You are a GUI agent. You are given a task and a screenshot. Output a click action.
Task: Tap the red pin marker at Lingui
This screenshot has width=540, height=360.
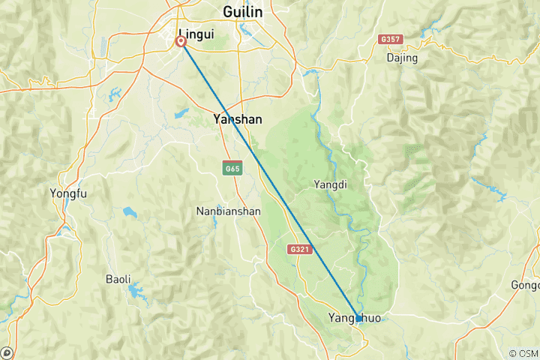pos(181,42)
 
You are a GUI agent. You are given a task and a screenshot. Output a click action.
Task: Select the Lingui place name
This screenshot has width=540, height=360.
pos(194,34)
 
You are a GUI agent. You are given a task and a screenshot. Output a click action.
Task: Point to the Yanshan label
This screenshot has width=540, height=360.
pos(237,118)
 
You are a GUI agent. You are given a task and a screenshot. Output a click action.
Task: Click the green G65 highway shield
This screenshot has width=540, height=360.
pos(231,168)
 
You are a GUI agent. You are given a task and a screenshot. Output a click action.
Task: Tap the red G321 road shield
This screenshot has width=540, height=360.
pos(300,248)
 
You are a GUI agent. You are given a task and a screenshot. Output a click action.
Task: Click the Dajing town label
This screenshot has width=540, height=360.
pos(402,58)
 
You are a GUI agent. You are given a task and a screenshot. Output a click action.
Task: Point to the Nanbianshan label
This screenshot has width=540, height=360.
pos(227,211)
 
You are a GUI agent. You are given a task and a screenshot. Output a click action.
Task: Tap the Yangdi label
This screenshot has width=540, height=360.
pos(331,184)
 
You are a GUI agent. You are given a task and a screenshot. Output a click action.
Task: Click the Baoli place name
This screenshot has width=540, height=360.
pos(118,279)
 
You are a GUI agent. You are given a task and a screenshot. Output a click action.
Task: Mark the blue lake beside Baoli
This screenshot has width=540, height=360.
pos(136,288)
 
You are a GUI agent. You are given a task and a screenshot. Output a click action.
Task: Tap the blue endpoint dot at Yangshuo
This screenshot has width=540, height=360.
pos(358,319)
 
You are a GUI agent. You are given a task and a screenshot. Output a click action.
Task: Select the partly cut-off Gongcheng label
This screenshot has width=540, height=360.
pos(525,285)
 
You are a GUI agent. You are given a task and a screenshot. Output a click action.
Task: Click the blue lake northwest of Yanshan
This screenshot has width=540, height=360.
pos(182,115)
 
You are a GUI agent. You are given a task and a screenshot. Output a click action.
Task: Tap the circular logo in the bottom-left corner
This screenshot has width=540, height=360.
pos(7,352)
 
